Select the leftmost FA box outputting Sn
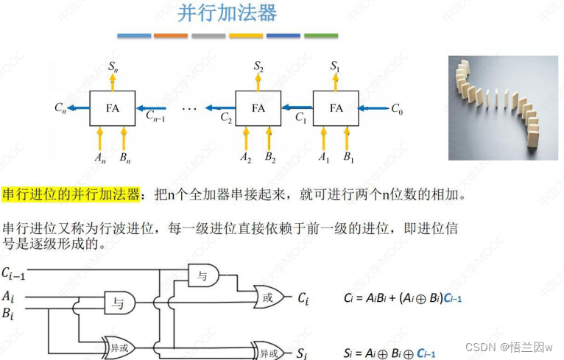click(112, 108)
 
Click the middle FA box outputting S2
click(258, 108)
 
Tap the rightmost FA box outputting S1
click(336, 108)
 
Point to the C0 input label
click(397, 108)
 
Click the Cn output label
click(60, 108)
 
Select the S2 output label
click(258, 67)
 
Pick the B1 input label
click(348, 158)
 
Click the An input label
click(100, 158)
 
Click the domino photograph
click(503, 107)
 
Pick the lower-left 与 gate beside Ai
click(116, 301)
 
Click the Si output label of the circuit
click(300, 354)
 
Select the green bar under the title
click(320, 35)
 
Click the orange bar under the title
click(171, 35)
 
